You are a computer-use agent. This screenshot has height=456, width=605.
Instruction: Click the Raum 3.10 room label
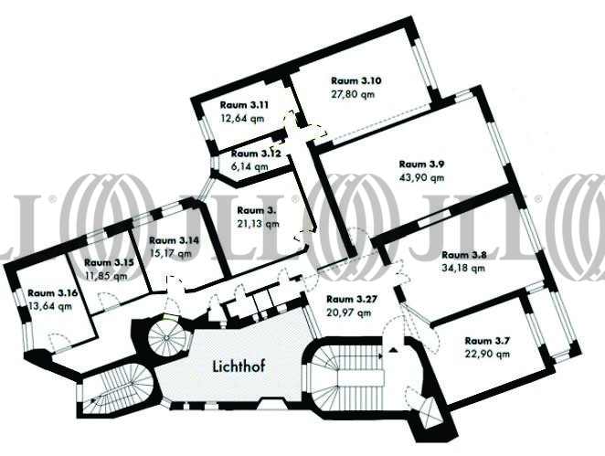click(x=356, y=80)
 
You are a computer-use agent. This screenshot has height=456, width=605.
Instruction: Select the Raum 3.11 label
click(x=242, y=104)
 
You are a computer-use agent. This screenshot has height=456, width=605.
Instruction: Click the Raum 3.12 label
click(x=255, y=154)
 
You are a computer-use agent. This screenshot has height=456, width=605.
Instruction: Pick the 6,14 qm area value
click(x=249, y=166)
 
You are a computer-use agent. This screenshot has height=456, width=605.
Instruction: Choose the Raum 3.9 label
click(x=422, y=164)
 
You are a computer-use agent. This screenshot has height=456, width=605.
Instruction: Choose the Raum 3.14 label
click(x=175, y=239)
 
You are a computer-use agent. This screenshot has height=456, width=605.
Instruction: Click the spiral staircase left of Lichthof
click(x=168, y=337)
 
